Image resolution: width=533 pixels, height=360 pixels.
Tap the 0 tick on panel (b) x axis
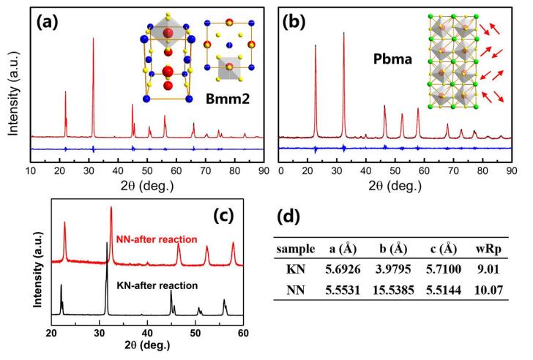(x=282, y=169)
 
